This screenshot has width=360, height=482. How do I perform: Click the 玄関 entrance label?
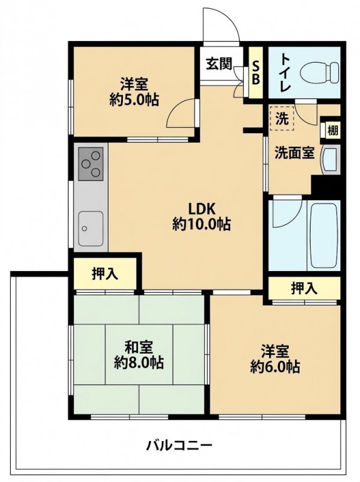pos(219,64)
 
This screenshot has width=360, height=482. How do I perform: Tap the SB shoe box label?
pos(256,73)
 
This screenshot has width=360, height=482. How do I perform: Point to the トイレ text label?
pos(286,73)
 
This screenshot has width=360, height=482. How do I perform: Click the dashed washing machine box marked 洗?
pos(282,118)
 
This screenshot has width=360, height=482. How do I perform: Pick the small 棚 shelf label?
pos(333,131)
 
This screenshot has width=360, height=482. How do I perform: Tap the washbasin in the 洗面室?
pos(330,160)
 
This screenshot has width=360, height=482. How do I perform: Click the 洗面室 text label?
pos(294,152)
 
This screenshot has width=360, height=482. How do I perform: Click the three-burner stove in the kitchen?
pos(91,163)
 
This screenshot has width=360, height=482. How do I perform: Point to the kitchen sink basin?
pos(91,228)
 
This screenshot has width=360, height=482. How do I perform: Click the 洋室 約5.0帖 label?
pos(134,92)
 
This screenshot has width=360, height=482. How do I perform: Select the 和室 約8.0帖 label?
pos(138,355)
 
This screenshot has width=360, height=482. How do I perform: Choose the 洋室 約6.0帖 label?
pos(275,358)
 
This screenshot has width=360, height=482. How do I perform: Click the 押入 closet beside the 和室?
pos(105,274)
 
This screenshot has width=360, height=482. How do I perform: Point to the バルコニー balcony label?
pos(179,445)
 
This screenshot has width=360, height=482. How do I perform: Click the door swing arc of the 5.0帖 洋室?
pos(178,110)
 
